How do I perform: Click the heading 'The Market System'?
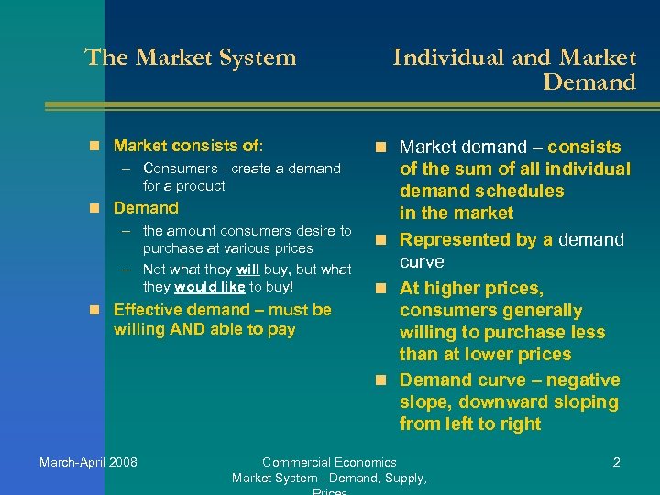(x=191, y=58)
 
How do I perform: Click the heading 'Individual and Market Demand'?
(x=514, y=70)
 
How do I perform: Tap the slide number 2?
(x=616, y=462)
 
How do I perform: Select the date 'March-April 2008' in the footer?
(x=88, y=462)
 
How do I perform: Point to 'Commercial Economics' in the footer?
(x=329, y=462)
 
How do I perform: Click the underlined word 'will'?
(x=249, y=269)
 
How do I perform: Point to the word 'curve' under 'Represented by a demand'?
(x=422, y=262)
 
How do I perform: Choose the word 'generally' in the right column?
(x=537, y=311)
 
